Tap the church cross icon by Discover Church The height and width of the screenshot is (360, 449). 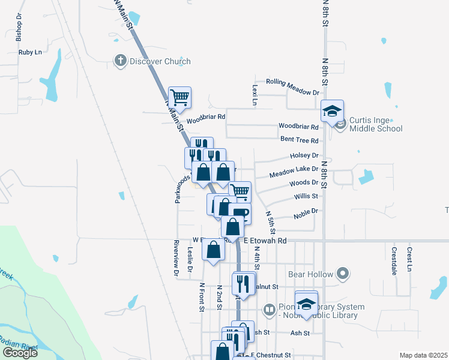coord(120,61)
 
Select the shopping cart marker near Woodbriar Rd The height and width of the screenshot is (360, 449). coord(180,96)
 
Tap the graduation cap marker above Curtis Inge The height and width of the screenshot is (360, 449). coord(331,110)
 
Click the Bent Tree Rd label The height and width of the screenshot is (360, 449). coord(299,140)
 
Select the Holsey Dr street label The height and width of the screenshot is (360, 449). coord(304,155)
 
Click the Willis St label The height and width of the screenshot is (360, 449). coord(306,196)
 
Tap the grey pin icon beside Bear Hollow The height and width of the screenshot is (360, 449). coord(343,274)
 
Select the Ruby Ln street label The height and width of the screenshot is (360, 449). coord(30,52)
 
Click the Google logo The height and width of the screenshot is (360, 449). coord(20,352)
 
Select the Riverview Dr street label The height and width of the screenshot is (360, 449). coord(176,258)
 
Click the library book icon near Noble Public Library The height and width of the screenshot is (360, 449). coord(270,310)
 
